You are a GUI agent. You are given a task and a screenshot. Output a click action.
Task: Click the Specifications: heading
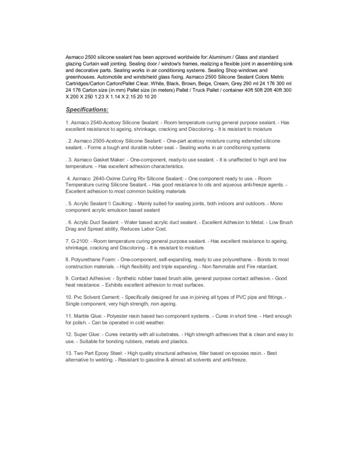point(87,109)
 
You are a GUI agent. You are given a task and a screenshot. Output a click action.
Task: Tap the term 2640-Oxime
point(109,179)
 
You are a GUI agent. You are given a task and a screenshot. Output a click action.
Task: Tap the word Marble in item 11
point(83,316)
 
